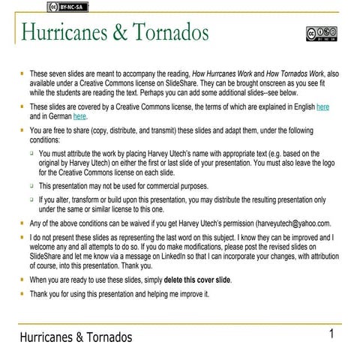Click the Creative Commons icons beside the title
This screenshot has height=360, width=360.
tap(321, 34)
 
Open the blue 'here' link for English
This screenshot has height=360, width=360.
tap(323, 107)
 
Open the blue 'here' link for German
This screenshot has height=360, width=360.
tap(79, 116)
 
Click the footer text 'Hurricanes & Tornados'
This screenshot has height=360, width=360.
tap(76, 337)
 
